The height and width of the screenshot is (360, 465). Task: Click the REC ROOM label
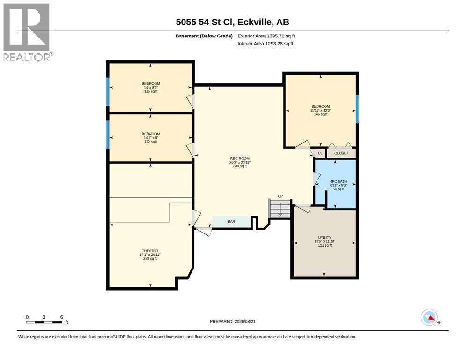click(240, 158)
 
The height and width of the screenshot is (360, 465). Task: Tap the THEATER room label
click(150, 251)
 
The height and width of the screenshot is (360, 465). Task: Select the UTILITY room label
click(325, 238)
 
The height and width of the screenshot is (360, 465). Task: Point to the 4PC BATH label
click(339, 181)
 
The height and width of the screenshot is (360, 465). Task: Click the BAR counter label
click(231, 222)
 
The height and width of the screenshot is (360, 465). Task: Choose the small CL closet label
click(320, 153)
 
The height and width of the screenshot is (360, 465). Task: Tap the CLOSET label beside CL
click(341, 153)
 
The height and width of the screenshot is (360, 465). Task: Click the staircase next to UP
click(280, 208)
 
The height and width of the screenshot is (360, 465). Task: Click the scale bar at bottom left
click(44, 322)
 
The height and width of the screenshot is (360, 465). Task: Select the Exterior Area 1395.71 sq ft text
click(266, 36)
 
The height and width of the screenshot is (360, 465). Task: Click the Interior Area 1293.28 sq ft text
click(266, 43)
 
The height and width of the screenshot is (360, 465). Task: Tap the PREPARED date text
click(232, 321)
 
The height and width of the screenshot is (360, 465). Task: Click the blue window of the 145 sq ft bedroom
click(357, 109)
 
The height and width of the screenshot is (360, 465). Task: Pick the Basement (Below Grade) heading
click(204, 36)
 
